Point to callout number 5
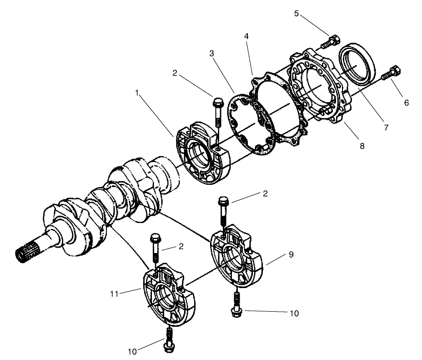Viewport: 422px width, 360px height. click(x=296, y=13)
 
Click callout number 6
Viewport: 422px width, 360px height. click(x=407, y=103)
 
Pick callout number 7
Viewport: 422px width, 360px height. click(x=386, y=128)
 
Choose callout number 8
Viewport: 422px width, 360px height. click(x=362, y=146)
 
